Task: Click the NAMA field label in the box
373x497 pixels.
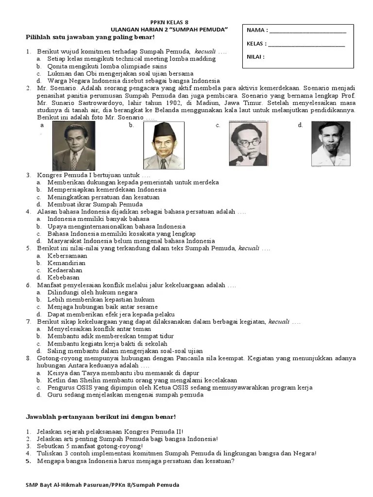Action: click(x=256, y=30)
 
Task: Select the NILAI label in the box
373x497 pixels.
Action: click(x=255, y=57)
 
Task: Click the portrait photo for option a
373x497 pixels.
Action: click(x=74, y=146)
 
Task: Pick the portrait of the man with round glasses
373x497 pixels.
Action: click(x=248, y=144)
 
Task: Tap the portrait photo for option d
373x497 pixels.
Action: click(x=330, y=144)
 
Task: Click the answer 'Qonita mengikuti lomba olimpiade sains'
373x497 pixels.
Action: click(x=107, y=66)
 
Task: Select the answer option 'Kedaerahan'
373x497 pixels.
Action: click(x=65, y=270)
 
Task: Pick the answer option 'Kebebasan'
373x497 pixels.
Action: click(x=64, y=278)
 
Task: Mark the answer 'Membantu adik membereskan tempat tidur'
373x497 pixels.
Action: click(x=110, y=336)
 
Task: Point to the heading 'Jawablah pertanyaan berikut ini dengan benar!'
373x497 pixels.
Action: click(x=100, y=417)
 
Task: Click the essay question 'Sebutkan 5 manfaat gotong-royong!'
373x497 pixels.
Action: click(x=90, y=446)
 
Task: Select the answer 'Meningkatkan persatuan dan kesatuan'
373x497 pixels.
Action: click(x=106, y=197)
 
